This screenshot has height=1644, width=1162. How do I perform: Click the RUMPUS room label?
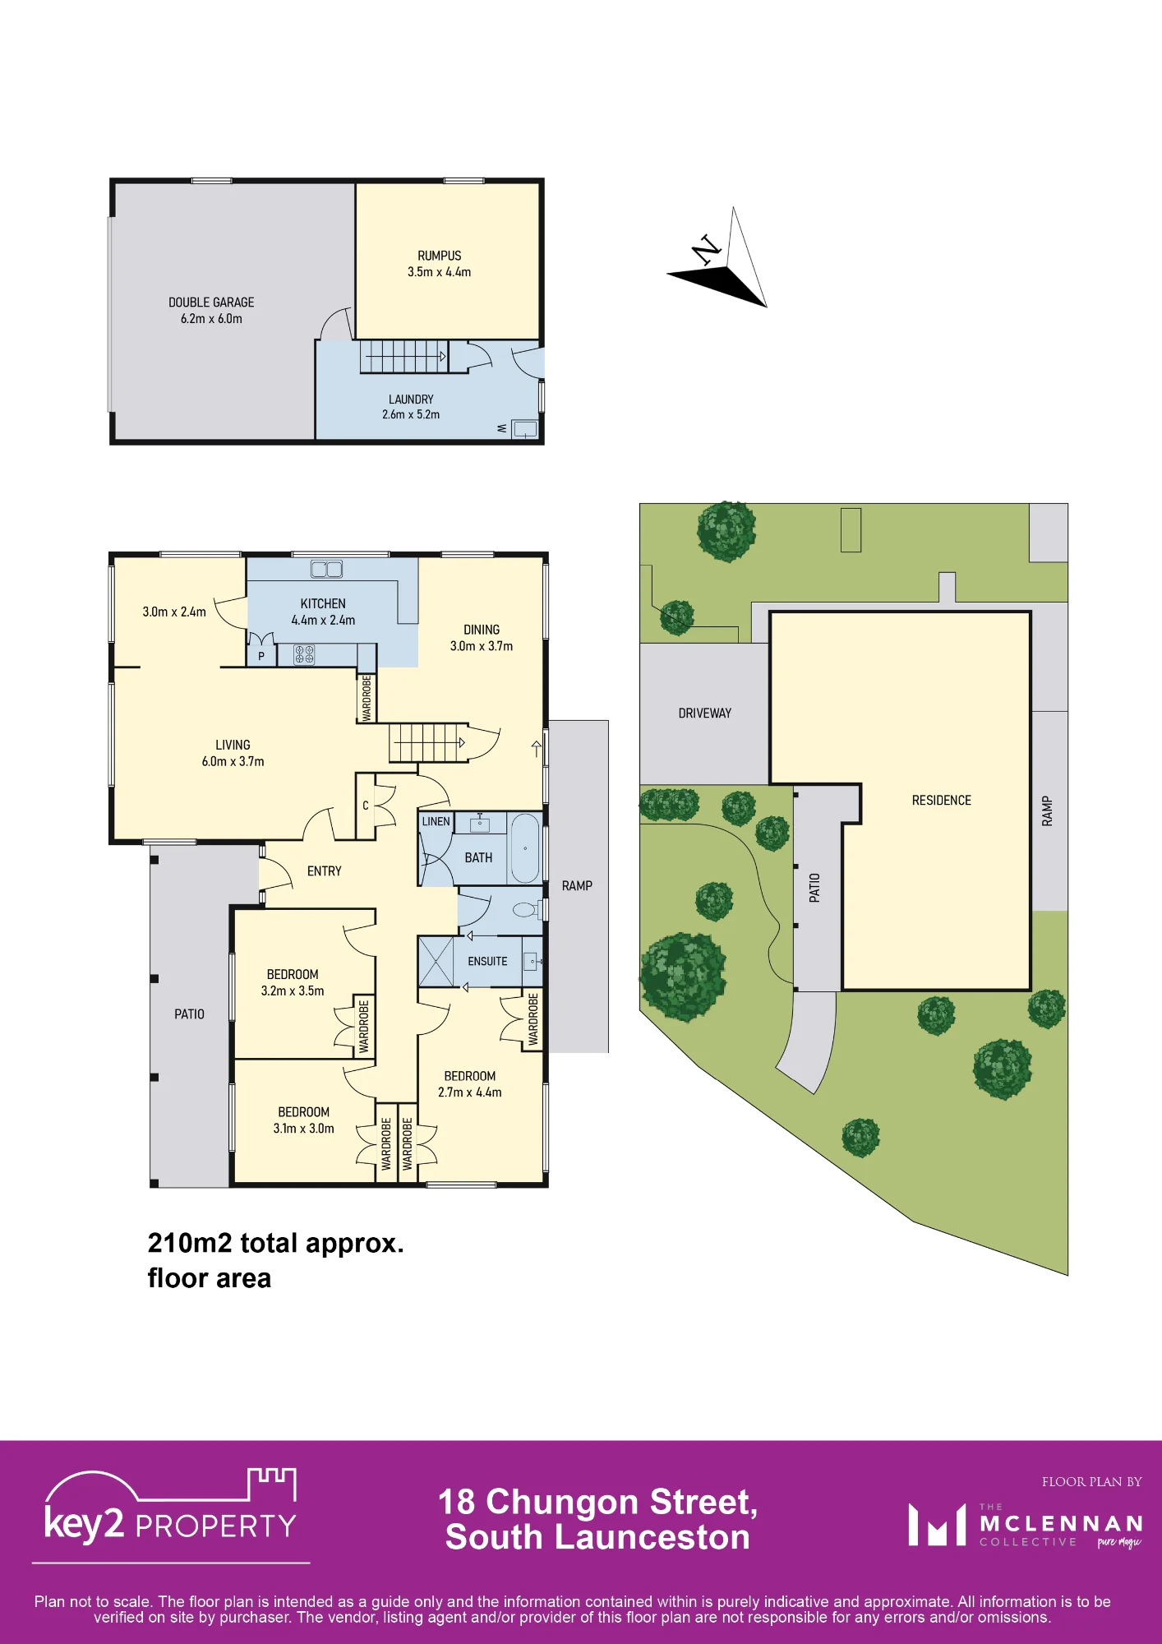440,256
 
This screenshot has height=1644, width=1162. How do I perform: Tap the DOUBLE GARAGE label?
211,302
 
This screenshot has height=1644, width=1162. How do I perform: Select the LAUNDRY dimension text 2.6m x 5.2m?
411,415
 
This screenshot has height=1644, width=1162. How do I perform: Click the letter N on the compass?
707,249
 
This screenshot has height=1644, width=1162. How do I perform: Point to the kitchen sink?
326,569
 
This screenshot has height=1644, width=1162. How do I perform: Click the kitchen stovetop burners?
304,654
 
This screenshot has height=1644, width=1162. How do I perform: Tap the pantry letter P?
261,657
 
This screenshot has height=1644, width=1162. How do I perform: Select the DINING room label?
482,630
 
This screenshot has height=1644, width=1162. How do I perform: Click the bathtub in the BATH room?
524,848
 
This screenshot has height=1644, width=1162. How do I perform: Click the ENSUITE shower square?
436,961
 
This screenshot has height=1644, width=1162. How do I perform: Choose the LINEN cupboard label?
436,821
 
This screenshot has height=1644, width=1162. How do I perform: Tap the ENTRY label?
325,871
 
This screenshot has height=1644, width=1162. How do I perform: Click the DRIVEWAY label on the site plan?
705,713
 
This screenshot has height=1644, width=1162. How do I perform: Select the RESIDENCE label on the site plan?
942,801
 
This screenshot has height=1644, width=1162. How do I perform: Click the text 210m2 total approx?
276,1243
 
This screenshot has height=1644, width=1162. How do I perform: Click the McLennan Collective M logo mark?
937,1525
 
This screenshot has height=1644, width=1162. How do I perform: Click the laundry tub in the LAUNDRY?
524,429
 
